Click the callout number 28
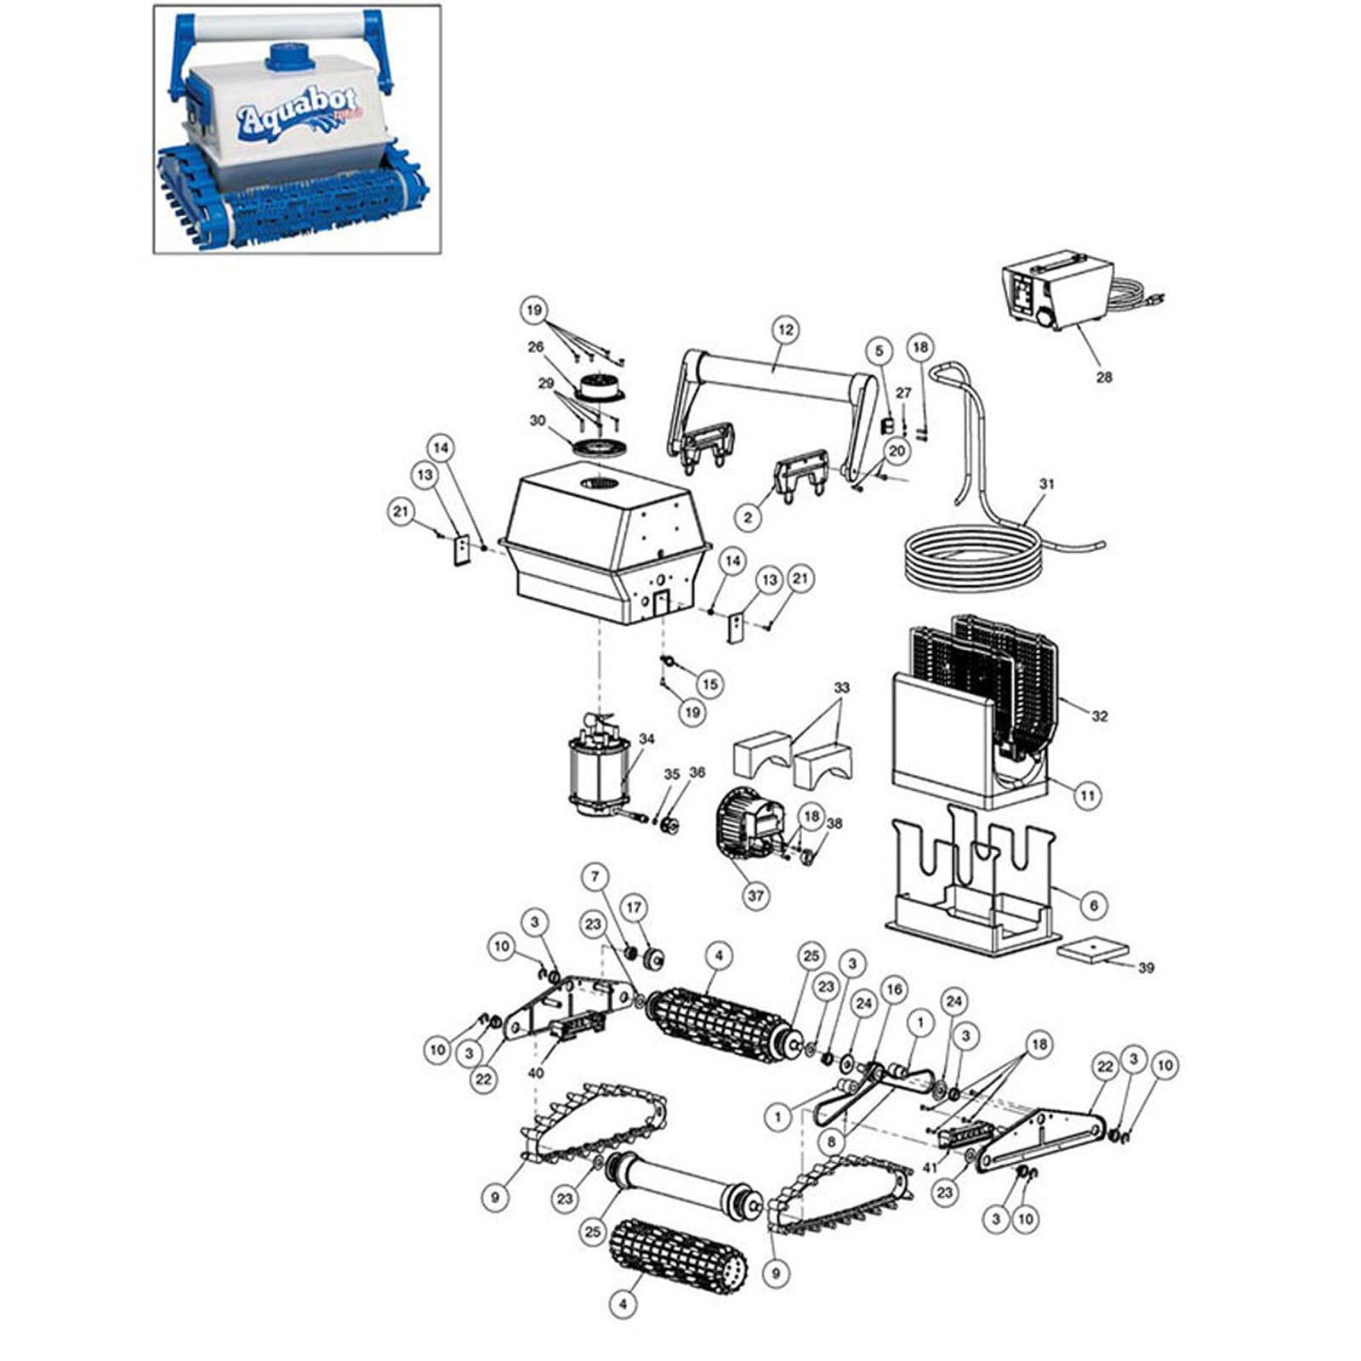[x=1103, y=377]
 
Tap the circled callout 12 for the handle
[x=784, y=329]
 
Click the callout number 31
[x=1047, y=484]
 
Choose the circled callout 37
[x=755, y=896]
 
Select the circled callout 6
[x=1095, y=905]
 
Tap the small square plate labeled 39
[x=1093, y=949]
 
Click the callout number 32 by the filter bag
[x=1100, y=716]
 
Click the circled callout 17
[x=634, y=908]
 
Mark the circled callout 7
[x=595, y=876]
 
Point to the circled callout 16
[x=893, y=989]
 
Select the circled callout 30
[x=538, y=420]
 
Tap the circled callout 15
[x=709, y=683]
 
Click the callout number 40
[x=535, y=1073]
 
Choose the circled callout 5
[x=880, y=350]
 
